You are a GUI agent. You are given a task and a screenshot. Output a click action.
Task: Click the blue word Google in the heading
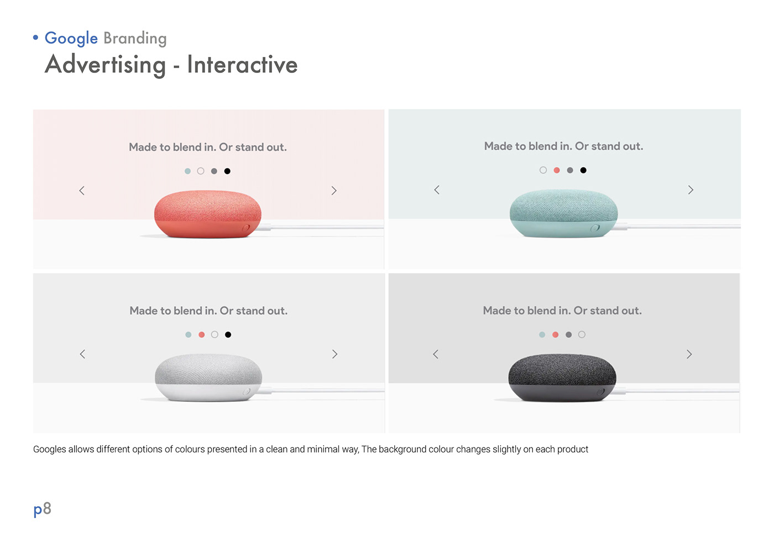(x=71, y=38)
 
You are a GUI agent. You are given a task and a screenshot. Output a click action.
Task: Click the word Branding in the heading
(x=135, y=38)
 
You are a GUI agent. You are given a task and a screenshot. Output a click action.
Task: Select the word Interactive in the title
(x=242, y=65)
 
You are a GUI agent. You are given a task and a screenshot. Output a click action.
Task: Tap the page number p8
(x=43, y=509)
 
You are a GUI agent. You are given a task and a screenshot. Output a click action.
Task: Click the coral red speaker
(x=208, y=214)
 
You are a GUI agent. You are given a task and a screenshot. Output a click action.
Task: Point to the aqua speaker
(x=563, y=213)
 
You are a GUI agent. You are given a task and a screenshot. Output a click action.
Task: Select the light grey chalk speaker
(x=208, y=377)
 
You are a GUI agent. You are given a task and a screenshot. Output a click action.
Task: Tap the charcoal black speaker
(x=562, y=377)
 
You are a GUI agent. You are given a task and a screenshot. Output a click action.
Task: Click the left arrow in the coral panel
(x=82, y=191)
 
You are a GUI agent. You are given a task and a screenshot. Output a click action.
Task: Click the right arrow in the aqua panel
(x=691, y=190)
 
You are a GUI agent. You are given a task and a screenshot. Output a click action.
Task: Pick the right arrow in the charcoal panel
(x=689, y=354)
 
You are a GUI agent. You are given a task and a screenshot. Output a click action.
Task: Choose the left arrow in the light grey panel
(x=82, y=354)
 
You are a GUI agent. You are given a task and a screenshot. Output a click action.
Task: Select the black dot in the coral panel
(x=227, y=171)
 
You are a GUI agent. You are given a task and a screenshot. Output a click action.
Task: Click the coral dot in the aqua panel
(x=557, y=170)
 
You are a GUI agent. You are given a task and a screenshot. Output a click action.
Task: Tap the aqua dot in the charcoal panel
(x=542, y=334)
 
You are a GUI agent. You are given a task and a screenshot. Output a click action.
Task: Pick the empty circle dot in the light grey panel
(x=215, y=334)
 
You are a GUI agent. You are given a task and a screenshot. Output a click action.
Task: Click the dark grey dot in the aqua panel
(x=570, y=170)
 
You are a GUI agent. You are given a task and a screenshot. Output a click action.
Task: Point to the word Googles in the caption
(x=49, y=449)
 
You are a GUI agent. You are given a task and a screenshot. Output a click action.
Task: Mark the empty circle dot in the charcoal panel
(x=582, y=334)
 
